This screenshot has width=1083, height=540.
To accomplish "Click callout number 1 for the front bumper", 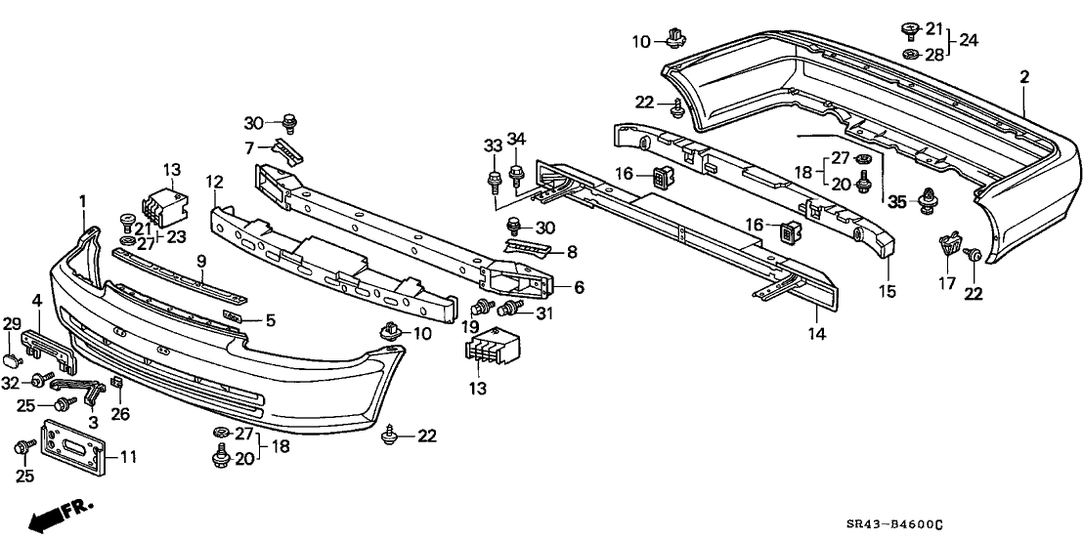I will point(83,201).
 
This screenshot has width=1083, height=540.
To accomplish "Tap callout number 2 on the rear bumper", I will point(1024,76).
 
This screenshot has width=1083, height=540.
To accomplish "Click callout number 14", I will point(816,334).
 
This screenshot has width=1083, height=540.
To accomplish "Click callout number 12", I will point(215,182).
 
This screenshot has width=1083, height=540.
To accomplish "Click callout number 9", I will point(201,263).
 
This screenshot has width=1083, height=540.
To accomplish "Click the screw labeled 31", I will point(508,310).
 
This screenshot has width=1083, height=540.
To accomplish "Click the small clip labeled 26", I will point(116,382).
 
